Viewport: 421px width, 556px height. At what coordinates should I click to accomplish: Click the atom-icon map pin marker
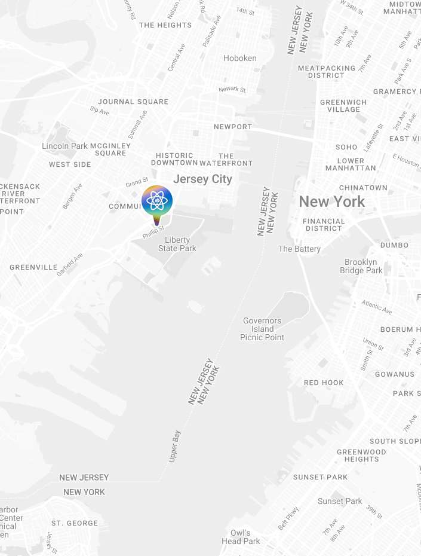pos(157,201)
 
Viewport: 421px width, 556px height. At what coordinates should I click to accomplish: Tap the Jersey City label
pos(202,179)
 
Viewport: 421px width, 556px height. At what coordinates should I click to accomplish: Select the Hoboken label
pos(240,58)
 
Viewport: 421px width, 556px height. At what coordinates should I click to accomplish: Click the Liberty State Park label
pos(177,244)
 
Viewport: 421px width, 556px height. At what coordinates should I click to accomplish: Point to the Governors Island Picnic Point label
pos(262,329)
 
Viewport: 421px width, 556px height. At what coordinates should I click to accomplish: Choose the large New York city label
pos(331,201)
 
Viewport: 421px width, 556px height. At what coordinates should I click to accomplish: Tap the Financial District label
pos(324,224)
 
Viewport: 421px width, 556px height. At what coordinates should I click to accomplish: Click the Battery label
pos(299,249)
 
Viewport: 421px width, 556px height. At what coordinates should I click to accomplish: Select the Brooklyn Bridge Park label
pos(361,266)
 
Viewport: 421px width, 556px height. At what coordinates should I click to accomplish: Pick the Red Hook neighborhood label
pos(324,383)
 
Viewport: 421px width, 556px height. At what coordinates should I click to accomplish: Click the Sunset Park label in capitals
pos(320,477)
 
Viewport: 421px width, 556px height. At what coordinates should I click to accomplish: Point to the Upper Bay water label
pos(175,445)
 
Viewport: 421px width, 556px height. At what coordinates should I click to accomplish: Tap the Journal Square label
pos(133,102)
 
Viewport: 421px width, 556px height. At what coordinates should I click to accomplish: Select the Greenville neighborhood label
pos(33,267)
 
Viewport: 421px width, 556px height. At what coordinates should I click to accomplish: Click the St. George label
pos(75,523)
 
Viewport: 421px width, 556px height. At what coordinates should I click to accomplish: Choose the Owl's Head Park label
pos(241,537)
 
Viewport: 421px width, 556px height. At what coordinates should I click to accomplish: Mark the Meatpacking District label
pos(327,72)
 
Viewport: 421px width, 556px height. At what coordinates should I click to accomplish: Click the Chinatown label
pos(363,188)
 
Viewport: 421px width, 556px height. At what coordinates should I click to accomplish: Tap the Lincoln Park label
pos(64,146)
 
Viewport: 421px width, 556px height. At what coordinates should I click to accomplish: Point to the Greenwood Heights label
pos(361,456)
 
